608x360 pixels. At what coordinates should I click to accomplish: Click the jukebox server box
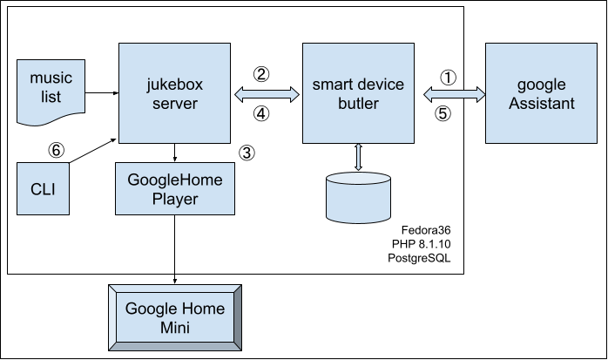tap(177, 94)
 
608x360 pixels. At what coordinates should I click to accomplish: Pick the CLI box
tap(43, 187)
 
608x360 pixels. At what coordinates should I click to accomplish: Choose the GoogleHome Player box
tap(176, 188)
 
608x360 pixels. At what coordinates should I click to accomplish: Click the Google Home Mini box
tap(175, 317)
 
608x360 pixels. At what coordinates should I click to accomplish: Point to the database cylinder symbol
tap(357, 197)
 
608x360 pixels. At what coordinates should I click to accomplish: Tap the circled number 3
tap(247, 153)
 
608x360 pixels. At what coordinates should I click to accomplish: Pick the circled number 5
tap(442, 112)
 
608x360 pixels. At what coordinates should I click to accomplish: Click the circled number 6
tap(56, 150)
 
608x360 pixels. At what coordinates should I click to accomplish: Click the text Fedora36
tap(427, 228)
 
